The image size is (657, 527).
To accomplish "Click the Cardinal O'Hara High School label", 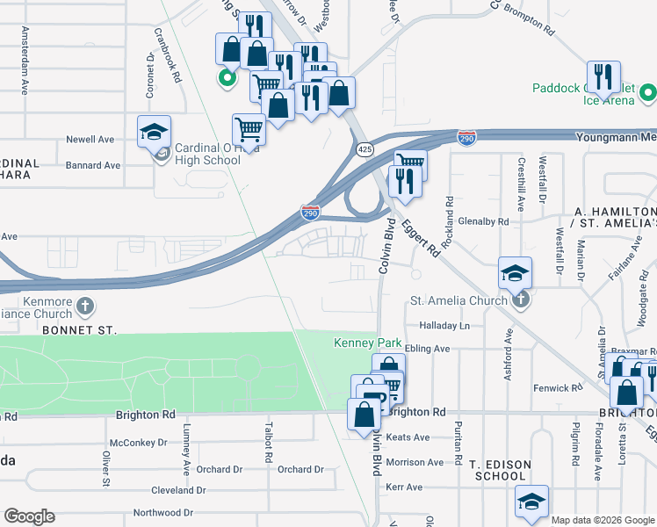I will [x=207, y=154].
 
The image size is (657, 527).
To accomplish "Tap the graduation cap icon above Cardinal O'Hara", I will [x=155, y=133].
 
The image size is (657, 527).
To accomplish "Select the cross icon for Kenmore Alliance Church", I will [x=84, y=306].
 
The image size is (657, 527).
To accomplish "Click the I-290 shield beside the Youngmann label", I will [x=466, y=138].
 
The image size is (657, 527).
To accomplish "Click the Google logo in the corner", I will [x=29, y=516].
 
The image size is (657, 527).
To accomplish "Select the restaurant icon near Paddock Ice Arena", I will [x=603, y=76].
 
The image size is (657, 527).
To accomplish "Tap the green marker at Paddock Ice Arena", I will [x=648, y=91].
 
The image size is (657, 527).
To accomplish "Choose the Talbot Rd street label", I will [x=265, y=439].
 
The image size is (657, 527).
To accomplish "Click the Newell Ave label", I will [x=90, y=140].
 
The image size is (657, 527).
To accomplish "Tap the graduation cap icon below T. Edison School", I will [x=531, y=502].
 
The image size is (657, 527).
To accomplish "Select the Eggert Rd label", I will [x=422, y=238].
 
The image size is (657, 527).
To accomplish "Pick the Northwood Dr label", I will [x=162, y=512].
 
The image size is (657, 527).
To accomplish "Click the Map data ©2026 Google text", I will [x=603, y=520].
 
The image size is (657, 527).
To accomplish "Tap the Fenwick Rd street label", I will [x=558, y=387].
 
